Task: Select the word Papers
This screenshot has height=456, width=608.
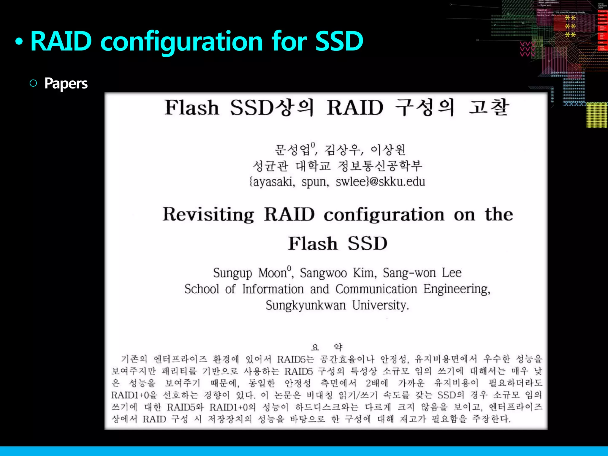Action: click(x=66, y=83)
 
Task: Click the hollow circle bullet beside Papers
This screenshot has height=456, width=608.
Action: click(x=33, y=83)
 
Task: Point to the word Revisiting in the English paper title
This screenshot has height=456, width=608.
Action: click(x=208, y=214)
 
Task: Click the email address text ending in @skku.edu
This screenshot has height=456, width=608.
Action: click(x=337, y=181)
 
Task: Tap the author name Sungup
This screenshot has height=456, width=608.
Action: click(x=232, y=273)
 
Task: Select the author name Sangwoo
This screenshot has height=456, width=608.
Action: click(x=323, y=273)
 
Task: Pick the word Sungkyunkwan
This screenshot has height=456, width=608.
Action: click(x=306, y=305)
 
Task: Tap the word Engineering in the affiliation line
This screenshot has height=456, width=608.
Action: click(x=456, y=289)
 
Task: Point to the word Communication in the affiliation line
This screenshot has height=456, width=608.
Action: click(x=376, y=289)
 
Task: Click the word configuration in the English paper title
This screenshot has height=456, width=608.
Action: click(x=384, y=214)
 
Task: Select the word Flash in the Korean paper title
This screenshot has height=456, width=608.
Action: click(x=192, y=107)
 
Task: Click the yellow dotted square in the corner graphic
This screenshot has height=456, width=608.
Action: click(x=597, y=115)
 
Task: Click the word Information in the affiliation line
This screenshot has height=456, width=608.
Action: click(x=273, y=289)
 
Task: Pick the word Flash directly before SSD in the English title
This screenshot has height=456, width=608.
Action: click(x=313, y=243)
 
